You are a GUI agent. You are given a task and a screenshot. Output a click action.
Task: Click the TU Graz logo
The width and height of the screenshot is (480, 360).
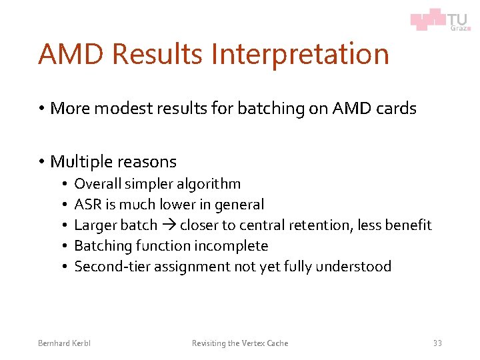439,19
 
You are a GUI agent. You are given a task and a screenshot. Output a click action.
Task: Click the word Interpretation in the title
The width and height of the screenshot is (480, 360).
300,54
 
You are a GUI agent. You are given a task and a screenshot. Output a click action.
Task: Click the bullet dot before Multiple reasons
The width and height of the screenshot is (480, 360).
41,162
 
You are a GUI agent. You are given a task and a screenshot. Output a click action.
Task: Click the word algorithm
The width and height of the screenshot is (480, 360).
207,184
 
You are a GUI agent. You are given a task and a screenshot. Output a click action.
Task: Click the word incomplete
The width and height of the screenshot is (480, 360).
231,246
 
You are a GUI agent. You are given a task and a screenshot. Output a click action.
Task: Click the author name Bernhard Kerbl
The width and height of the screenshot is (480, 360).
64,343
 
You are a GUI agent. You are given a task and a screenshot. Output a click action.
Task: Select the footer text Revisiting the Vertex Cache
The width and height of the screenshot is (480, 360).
240,343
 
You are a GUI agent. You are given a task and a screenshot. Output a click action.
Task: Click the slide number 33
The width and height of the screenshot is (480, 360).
437,343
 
